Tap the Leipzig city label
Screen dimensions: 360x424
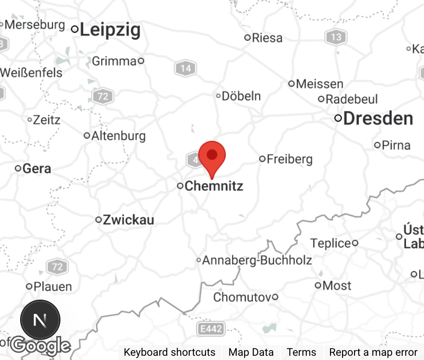[x=110, y=30]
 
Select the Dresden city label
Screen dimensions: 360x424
[x=378, y=118]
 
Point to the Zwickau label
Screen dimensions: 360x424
[x=128, y=220]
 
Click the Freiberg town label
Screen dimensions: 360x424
[x=289, y=159]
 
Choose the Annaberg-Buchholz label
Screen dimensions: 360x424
[x=257, y=260]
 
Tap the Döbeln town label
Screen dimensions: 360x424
[x=241, y=96]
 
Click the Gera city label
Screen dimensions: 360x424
[x=36, y=168]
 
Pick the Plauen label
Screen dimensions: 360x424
[x=53, y=286]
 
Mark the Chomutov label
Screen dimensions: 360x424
[x=243, y=297]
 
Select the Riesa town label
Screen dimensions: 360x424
[x=267, y=37]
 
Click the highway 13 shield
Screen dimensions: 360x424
[x=336, y=37]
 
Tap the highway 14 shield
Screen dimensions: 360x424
[x=185, y=68]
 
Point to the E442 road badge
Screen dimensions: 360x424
[x=211, y=329]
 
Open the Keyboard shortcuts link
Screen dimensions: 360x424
[x=169, y=352]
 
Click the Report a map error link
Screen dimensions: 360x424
[x=373, y=352]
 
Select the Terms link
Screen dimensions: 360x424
[x=301, y=352]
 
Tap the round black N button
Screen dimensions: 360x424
[x=40, y=320]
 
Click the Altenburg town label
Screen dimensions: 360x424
[x=118, y=136]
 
